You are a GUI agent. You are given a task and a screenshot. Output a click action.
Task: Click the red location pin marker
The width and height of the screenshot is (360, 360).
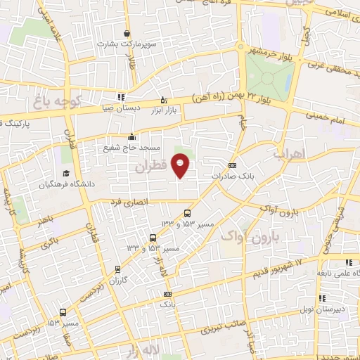point(181,166)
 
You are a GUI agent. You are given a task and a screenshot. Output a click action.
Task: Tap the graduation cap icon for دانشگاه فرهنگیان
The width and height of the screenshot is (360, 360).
point(65,173)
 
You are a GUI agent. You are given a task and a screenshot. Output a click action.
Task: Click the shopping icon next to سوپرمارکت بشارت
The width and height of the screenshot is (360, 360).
point(127,33)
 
